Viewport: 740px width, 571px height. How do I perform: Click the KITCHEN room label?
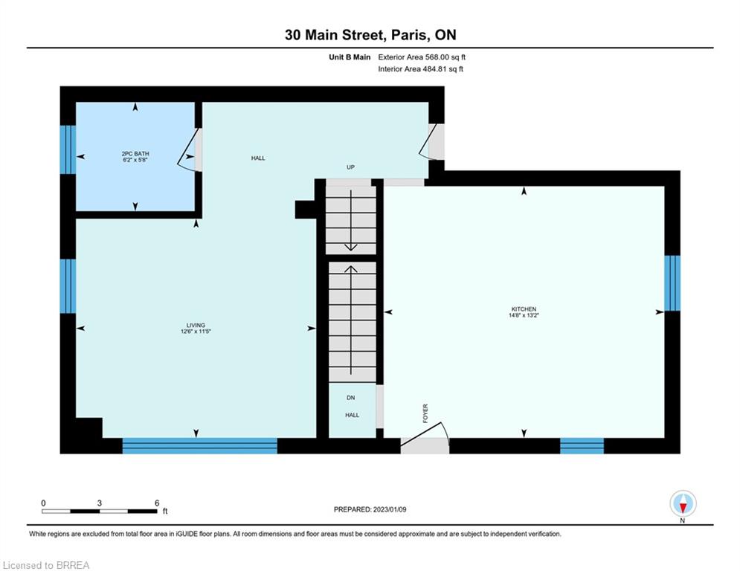[524, 309]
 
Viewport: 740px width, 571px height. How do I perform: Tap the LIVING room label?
[196, 325]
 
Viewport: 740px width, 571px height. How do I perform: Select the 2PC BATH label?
[135, 154]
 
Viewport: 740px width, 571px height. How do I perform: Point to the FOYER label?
[425, 413]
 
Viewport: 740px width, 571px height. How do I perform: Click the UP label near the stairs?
[350, 167]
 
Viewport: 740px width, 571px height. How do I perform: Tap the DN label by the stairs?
[350, 398]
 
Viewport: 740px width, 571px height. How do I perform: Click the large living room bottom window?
[199, 445]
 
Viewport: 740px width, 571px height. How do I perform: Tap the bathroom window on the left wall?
[68, 149]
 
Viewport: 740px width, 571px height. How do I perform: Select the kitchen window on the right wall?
[672, 283]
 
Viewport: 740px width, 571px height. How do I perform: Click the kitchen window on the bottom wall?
[582, 445]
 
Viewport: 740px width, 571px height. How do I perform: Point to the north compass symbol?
[683, 503]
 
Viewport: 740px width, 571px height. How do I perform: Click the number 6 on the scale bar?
[157, 503]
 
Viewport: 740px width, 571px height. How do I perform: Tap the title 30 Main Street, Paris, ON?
[370, 35]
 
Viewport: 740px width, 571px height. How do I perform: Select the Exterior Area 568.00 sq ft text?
[422, 57]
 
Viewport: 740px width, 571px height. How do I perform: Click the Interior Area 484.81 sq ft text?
[420, 69]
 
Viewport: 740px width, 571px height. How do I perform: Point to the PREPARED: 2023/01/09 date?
[370, 509]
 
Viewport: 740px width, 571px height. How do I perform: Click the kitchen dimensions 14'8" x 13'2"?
[524, 315]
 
